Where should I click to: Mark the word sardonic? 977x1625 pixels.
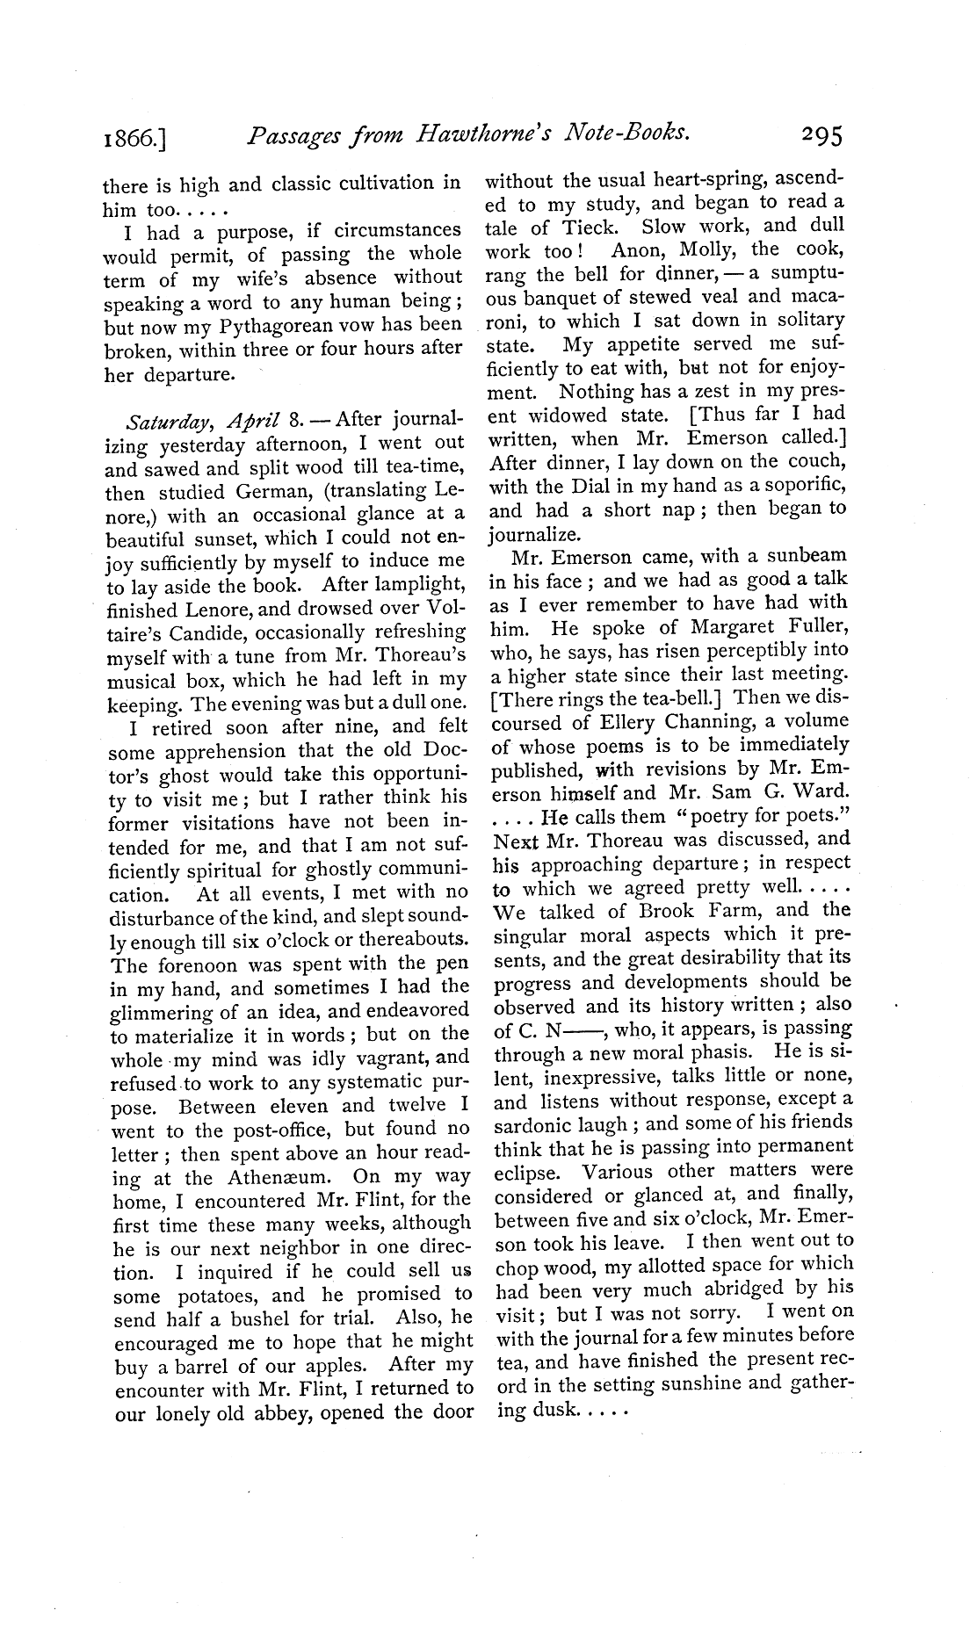[x=537, y=1124]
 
